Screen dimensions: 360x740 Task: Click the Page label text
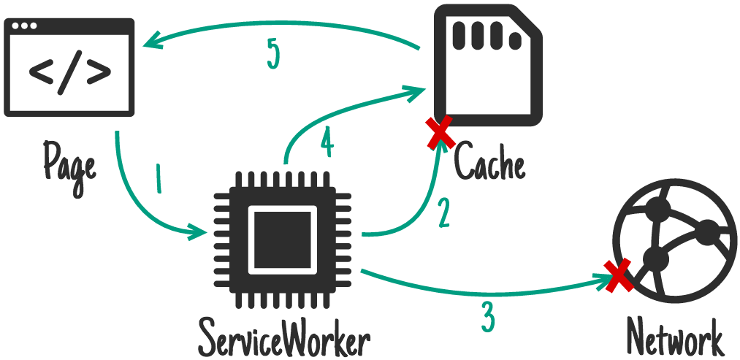pyautogui.click(x=69, y=162)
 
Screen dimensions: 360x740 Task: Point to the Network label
pyautogui.click(x=674, y=338)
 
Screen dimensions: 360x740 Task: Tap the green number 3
pyautogui.click(x=488, y=316)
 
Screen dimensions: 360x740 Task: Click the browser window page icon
pyautogui.click(x=69, y=68)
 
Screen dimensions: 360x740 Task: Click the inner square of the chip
pyautogui.click(x=283, y=238)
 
